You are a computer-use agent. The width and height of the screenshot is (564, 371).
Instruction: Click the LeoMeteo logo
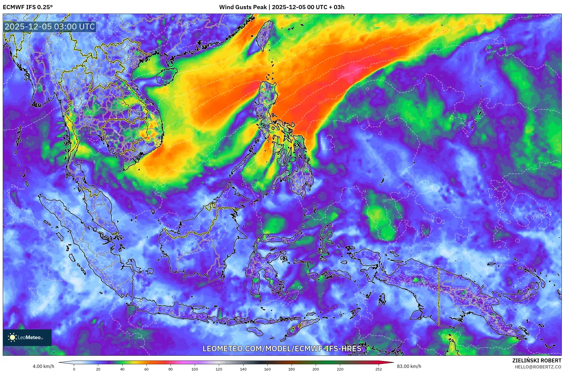(27, 337)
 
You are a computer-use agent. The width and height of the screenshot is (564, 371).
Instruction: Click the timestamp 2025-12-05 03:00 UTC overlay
(50, 27)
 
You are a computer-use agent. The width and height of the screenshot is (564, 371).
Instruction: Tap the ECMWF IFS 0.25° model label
(28, 7)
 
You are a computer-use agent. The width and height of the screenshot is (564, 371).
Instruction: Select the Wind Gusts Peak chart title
(282, 7)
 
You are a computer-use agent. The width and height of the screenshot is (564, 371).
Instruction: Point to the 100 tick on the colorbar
(195, 369)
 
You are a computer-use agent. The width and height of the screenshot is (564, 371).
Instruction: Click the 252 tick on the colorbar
(378, 369)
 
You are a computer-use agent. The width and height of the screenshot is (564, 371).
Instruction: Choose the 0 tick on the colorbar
(74, 369)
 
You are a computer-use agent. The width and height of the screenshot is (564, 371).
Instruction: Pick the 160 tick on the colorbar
(267, 369)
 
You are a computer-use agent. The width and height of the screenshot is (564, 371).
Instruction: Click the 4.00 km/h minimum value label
(43, 366)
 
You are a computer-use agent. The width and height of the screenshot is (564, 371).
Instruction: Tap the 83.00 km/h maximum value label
(409, 366)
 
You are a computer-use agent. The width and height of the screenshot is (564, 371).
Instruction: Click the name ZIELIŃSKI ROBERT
(537, 360)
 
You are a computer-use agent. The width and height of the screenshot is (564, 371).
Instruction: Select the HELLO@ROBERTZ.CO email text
(538, 367)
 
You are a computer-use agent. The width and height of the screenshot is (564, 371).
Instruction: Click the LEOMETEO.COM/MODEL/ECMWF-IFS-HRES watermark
(282, 349)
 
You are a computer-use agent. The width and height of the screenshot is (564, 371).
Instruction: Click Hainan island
(166, 75)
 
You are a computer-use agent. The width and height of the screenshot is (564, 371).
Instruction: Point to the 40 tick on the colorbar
(122, 369)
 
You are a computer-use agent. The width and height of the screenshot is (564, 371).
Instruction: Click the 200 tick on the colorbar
(316, 369)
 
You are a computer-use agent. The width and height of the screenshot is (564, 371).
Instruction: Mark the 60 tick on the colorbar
(146, 369)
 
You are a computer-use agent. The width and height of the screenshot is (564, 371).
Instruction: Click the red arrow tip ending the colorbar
(391, 362)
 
